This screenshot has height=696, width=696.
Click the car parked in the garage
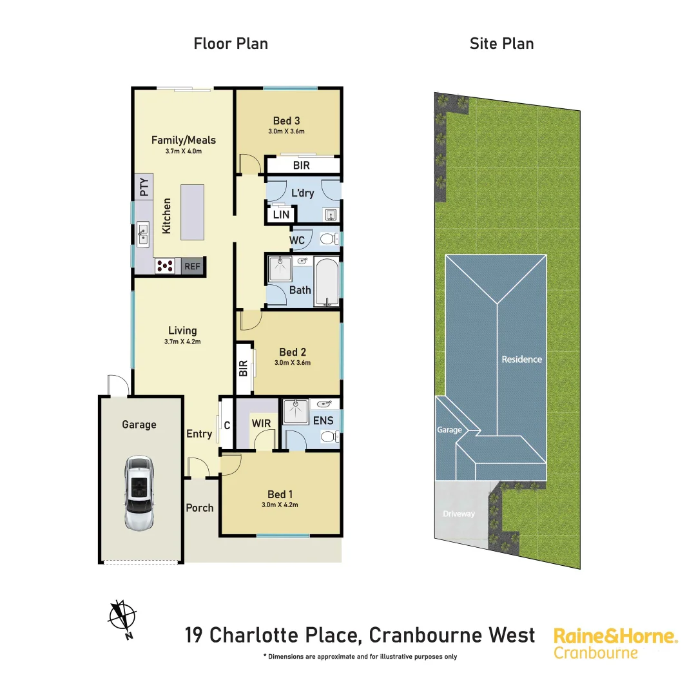coord(139,493)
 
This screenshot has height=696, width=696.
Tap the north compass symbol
coord(122,616)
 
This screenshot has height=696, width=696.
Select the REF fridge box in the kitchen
coord(192,266)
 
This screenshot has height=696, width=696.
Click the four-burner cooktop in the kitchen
coord(165,266)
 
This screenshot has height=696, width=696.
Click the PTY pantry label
coord(144,187)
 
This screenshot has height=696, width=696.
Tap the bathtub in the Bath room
coord(327,282)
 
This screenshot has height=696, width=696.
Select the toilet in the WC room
coord(329,239)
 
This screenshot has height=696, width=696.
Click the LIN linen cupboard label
coord(281,215)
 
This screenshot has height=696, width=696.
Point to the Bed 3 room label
coord(286,121)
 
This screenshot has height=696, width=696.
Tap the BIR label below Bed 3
coord(301,165)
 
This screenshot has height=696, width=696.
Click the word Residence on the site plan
coord(522,359)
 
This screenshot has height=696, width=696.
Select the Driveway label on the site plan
coord(459,514)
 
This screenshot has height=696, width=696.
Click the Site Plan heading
coord(501,44)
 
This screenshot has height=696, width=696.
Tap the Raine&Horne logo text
coord(615,637)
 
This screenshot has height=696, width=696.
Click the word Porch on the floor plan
coord(200,508)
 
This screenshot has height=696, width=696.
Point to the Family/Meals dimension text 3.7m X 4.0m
coord(183,151)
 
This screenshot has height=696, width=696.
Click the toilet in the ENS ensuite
coord(328,437)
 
